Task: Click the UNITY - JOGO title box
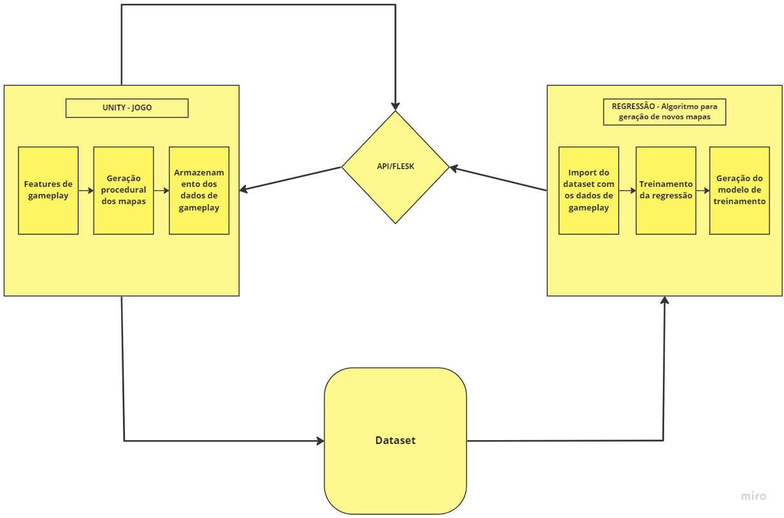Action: tap(127, 108)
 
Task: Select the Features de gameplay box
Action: tap(48, 190)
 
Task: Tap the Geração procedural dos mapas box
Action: tap(124, 190)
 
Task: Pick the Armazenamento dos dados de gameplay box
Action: tap(199, 190)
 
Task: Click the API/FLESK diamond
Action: tap(395, 167)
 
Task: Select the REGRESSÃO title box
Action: tap(664, 112)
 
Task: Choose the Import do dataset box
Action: tap(589, 190)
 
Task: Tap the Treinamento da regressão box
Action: tap(665, 190)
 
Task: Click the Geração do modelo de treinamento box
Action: tap(739, 190)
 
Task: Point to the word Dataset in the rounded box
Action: tap(395, 440)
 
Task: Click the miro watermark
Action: tap(753, 496)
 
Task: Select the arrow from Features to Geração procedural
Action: tap(86, 190)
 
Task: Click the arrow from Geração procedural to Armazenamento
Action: tap(161, 190)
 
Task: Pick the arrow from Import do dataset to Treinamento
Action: tap(627, 190)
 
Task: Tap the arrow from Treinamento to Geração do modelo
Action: tap(703, 190)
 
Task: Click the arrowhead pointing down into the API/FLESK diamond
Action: tap(395, 106)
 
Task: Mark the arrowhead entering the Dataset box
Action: tap(320, 440)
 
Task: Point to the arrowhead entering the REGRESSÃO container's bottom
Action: tap(665, 300)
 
